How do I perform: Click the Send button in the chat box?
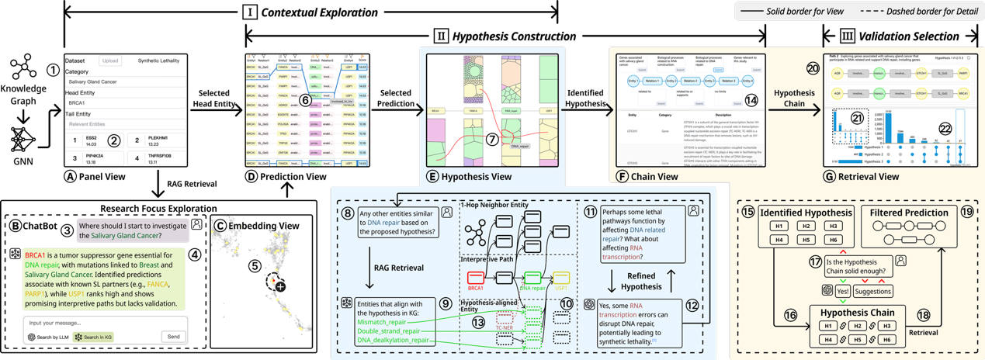(x=174, y=337)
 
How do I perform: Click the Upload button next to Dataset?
(x=110, y=61)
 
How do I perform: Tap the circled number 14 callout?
(x=750, y=100)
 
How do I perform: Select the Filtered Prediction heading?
(x=910, y=213)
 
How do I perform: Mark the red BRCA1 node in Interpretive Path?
(x=476, y=278)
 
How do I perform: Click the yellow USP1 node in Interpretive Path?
(x=560, y=278)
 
